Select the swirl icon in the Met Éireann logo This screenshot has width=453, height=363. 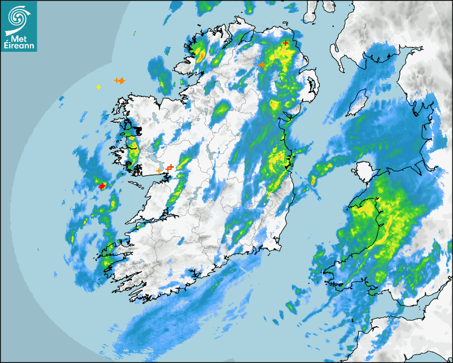tap(18, 17)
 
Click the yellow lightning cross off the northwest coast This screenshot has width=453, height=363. tap(98, 86)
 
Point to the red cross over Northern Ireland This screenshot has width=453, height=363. tap(286, 43)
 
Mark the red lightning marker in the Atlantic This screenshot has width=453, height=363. tap(102, 186)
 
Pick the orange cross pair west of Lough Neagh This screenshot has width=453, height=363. tap(261, 65)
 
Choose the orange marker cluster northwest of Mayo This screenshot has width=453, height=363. tap(120, 81)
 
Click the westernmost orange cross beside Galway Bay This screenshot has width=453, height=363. tap(159, 171)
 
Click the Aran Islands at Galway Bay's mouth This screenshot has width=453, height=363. tap(137, 184)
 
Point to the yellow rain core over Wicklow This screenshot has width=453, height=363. tap(277, 160)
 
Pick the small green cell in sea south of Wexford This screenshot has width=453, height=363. tap(292, 307)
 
